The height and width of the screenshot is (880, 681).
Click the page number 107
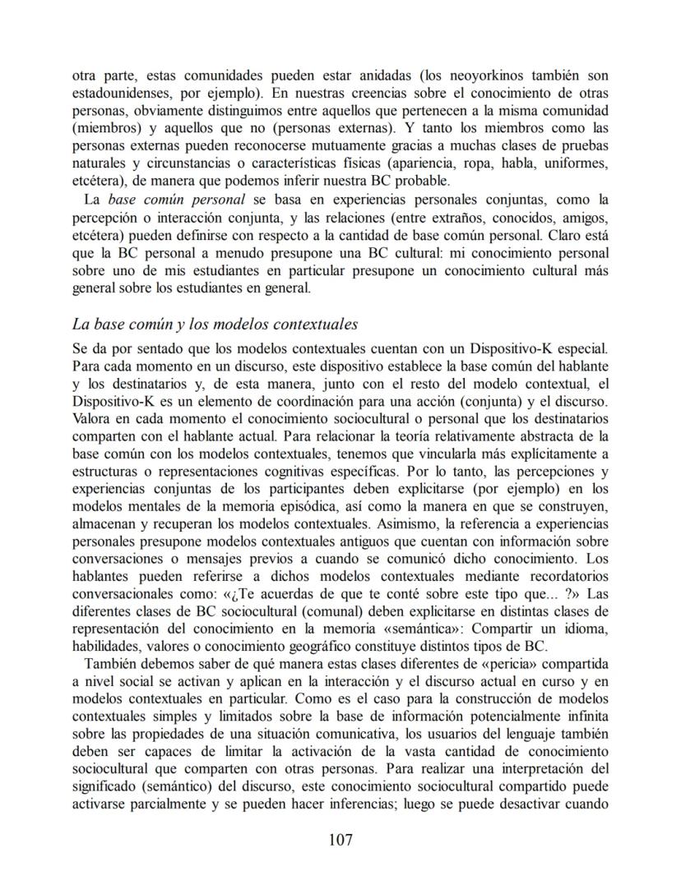coord(340,840)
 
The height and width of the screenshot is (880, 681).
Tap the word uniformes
coord(578,164)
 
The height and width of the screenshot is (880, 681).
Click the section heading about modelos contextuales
coord(215,325)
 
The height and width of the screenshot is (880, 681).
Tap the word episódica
coord(321,507)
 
